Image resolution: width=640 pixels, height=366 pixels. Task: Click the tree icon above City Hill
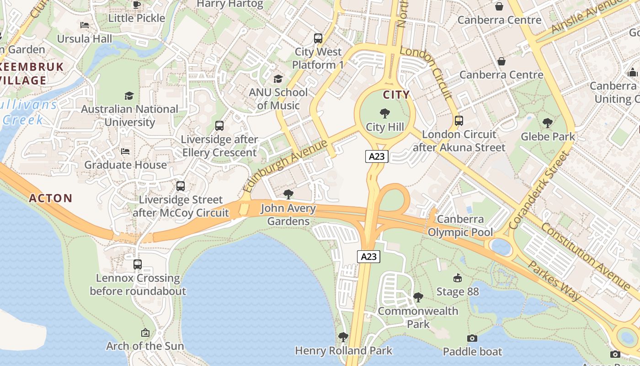tap(385, 113)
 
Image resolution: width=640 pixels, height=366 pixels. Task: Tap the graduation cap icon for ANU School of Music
tap(278, 79)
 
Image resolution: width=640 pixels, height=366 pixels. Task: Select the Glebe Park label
tap(548, 136)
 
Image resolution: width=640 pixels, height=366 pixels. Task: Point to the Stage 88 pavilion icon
tap(457, 278)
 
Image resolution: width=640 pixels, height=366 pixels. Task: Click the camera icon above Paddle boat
tap(472, 338)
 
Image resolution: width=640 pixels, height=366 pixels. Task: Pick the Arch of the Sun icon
tap(145, 333)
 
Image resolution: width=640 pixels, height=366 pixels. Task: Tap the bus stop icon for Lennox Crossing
tap(138, 264)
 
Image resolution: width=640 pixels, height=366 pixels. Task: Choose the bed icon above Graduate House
tap(125, 151)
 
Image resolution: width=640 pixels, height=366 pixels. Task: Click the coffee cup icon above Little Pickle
tap(136, 5)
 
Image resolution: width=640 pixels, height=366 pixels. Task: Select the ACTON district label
tap(51, 198)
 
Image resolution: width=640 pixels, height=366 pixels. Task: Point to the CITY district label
tap(396, 95)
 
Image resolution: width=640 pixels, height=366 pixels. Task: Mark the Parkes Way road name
tap(554, 280)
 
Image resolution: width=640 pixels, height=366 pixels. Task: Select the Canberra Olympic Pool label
tap(460, 226)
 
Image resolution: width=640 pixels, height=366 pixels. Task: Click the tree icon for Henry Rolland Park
tap(343, 338)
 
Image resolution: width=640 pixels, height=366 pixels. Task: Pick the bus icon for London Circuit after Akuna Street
tap(459, 121)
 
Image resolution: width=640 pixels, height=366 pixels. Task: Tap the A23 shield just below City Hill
tap(377, 156)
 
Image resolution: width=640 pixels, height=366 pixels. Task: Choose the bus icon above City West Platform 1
tap(318, 38)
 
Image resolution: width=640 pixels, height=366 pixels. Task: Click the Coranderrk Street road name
tap(540, 190)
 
